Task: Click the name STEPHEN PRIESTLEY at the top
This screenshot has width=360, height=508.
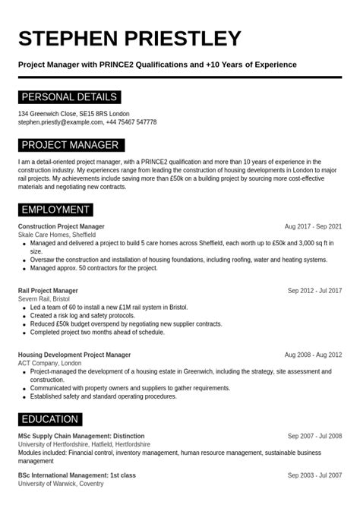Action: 129,38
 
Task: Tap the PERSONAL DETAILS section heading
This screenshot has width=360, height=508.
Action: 69,97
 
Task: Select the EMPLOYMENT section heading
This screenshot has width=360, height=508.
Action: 55,210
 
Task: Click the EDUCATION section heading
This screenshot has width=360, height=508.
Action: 49,419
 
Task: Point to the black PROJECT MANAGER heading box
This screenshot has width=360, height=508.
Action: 70,145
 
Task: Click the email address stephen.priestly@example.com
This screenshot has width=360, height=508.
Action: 59,122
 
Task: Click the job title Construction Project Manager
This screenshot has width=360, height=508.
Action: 62,226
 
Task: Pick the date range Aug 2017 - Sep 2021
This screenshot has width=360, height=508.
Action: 313,226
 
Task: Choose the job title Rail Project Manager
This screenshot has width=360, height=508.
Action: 48,290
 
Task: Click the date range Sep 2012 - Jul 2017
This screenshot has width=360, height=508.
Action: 314,290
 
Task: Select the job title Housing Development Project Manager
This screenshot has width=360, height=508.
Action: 74,355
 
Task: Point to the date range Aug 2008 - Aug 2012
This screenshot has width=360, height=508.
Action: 313,355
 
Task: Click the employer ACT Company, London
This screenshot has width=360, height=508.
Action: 49,363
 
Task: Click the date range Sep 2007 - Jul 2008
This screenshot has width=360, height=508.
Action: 314,436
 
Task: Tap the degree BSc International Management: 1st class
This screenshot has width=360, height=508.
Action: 77,475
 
